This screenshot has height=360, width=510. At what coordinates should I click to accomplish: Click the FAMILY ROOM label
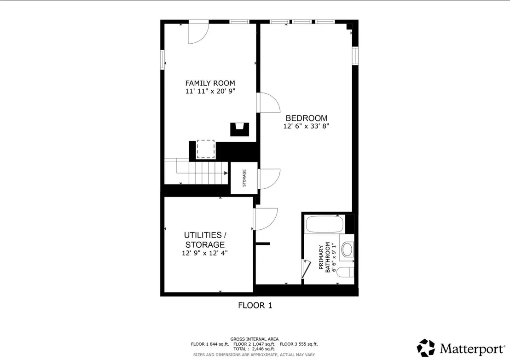click(210, 83)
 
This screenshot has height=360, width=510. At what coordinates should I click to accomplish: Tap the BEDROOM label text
click(307, 118)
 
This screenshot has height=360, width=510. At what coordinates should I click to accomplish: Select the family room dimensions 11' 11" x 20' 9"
click(210, 92)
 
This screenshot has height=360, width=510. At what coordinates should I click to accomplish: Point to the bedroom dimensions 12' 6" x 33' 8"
click(307, 126)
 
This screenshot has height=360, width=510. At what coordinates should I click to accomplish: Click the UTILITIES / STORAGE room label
click(205, 240)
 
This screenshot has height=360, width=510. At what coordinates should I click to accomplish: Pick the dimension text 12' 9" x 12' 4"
click(205, 253)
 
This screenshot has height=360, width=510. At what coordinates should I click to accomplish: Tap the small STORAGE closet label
click(244, 178)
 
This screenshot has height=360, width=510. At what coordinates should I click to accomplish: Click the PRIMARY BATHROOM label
click(325, 257)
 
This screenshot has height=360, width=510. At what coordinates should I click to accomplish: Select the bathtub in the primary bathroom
click(325, 224)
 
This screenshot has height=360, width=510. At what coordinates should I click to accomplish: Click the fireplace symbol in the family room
click(240, 129)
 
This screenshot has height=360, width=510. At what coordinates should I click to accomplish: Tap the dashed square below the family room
click(206, 149)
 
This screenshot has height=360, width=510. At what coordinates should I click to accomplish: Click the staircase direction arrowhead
click(226, 174)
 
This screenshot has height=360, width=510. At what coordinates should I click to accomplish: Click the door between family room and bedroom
click(269, 103)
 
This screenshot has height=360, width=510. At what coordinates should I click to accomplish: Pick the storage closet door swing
click(269, 179)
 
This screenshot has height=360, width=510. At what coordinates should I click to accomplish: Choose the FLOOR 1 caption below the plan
click(255, 305)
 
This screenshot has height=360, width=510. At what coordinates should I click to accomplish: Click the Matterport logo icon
click(426, 348)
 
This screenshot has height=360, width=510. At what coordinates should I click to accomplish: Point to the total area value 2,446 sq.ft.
click(263, 349)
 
